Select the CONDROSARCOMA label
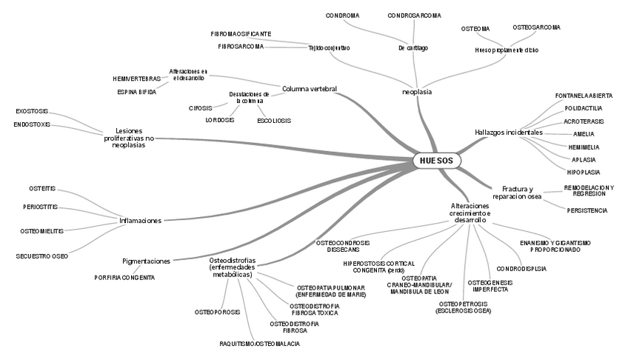point(414,15)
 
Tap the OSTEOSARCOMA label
point(536,27)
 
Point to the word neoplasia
point(417,92)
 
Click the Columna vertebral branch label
point(310,89)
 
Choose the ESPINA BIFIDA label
point(136,92)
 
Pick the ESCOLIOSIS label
point(274,121)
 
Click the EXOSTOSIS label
point(32,111)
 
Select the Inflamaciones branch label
point(141,220)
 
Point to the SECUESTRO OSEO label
point(42,256)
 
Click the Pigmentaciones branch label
point(147,261)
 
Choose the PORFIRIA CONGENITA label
point(124,277)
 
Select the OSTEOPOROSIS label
point(218,313)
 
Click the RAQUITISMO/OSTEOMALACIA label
point(260,344)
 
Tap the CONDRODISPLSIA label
point(521,269)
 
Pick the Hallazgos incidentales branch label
point(509,133)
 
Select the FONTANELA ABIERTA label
point(584,96)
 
